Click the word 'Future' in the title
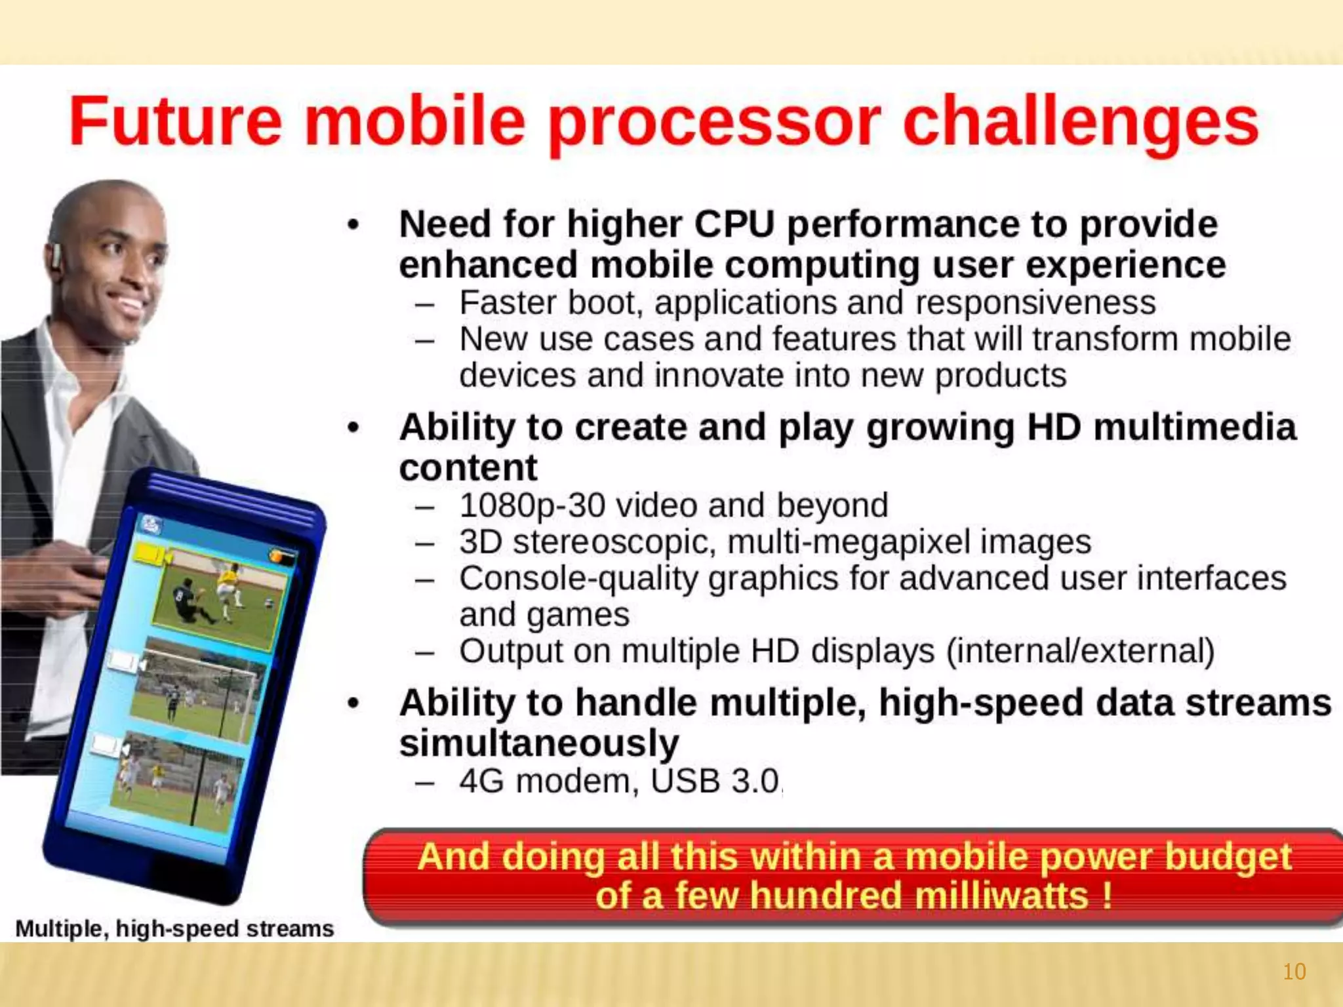175,121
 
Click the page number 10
1294,972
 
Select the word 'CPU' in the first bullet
734,224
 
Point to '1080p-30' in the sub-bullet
532,506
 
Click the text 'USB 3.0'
715,781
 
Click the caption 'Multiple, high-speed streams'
174,929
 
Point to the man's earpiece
56,257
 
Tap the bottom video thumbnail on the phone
177,780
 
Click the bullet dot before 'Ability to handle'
354,703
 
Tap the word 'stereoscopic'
614,543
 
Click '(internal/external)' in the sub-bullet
1080,652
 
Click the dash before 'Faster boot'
425,304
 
